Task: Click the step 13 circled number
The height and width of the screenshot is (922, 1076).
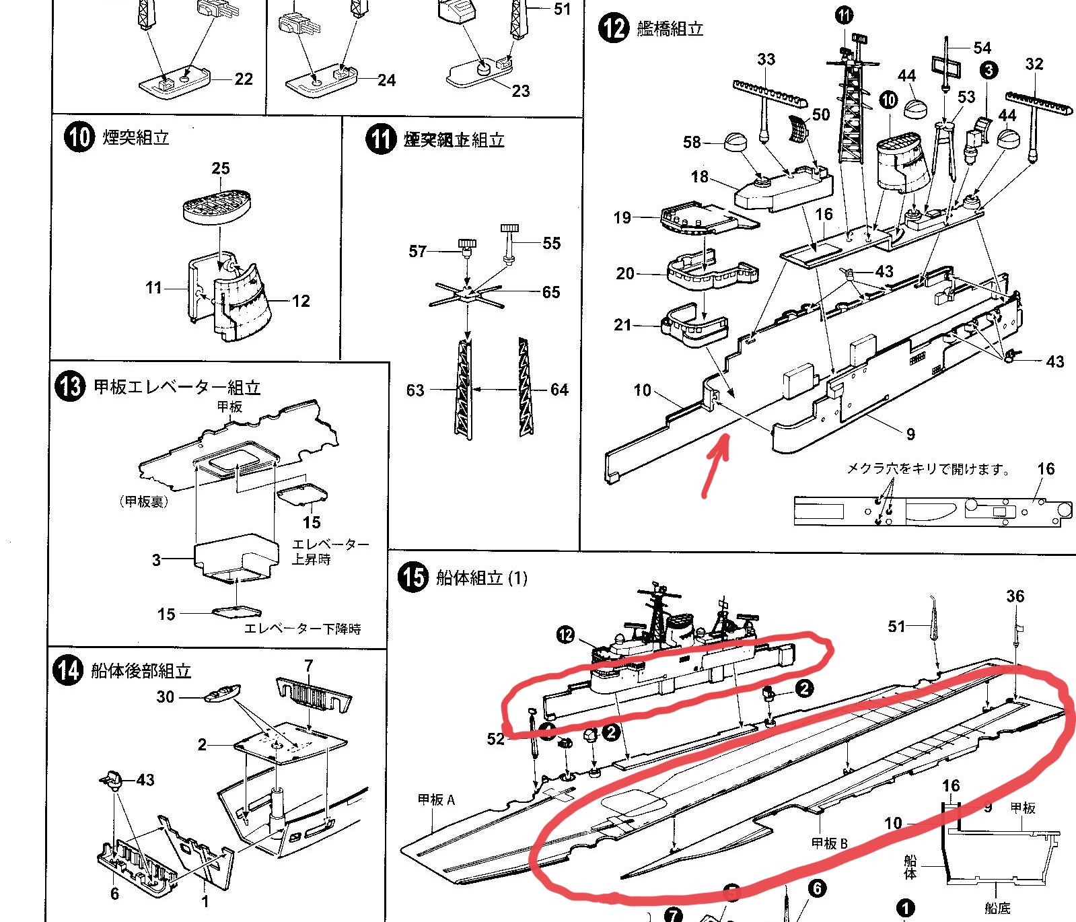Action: [70, 387]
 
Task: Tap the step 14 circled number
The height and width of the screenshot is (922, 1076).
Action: [68, 670]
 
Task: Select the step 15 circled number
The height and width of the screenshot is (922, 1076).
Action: [413, 577]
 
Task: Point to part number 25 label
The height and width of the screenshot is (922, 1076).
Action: [221, 168]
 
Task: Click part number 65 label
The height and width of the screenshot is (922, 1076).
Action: [551, 292]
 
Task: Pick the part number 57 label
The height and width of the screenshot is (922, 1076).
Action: [418, 251]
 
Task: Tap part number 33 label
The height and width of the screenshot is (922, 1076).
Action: [766, 59]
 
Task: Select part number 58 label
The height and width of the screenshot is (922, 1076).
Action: [692, 142]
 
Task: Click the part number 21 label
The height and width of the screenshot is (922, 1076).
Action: [622, 325]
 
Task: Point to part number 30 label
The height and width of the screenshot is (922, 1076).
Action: [166, 697]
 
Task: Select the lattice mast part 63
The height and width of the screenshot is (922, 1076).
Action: [462, 389]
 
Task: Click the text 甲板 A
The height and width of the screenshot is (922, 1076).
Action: [436, 800]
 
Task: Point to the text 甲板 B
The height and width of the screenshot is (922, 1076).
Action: [829, 843]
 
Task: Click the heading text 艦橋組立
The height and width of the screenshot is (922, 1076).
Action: [670, 29]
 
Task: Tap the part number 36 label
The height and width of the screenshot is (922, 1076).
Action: [1015, 596]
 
